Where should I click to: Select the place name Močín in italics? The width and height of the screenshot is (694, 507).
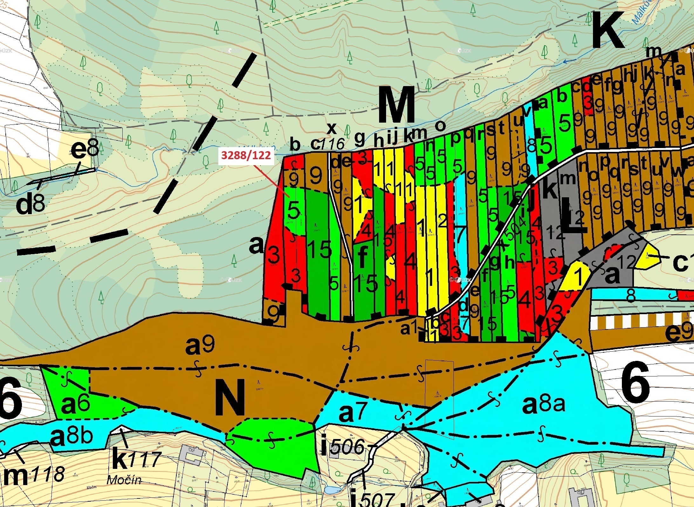[x=124, y=489]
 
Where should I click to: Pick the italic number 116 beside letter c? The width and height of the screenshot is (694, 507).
[x=332, y=145]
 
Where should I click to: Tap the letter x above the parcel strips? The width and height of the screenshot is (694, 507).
[x=331, y=128]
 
